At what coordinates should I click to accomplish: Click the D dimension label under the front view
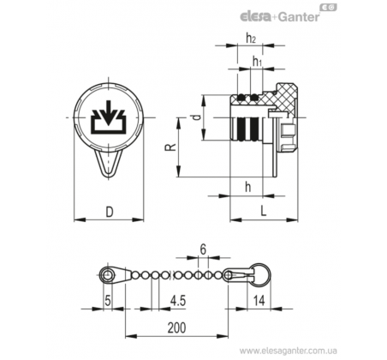coord(110,212)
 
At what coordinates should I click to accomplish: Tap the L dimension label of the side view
coord(264,211)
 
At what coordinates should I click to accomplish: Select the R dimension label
coord(170,147)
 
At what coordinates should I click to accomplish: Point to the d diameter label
coord(197,117)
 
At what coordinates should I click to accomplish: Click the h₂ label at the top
coord(251,38)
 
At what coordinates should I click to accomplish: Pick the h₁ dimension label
coord(257,61)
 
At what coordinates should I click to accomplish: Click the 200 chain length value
coord(176,327)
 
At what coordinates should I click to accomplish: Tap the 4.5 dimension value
coord(178,301)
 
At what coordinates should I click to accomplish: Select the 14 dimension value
coord(259,301)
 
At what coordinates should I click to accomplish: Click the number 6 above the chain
coord(203,249)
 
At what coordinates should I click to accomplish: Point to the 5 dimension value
coord(108,301)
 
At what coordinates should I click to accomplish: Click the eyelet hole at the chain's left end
coord(107,276)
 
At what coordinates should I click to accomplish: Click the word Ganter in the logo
coord(299,17)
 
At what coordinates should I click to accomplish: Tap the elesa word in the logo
coord(256,17)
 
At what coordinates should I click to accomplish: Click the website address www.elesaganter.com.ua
coord(289,351)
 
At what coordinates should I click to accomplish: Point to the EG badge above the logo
coord(328,8)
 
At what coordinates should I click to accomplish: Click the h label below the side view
coord(247,187)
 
